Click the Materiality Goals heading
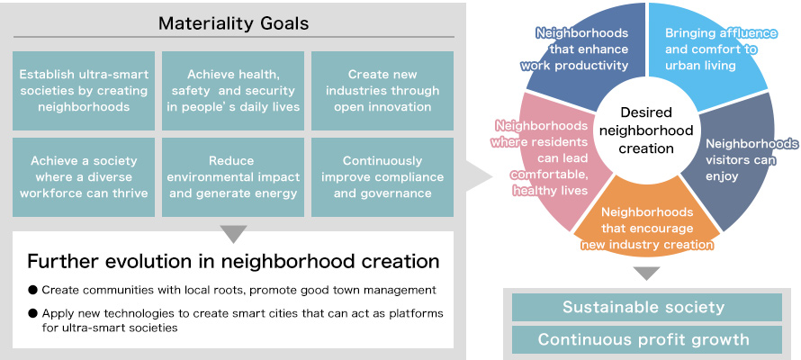[233, 23]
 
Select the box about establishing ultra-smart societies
[84, 90]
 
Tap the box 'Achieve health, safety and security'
[233, 90]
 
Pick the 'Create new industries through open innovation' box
[382, 90]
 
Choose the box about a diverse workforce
[84, 177]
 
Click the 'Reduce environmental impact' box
[233, 177]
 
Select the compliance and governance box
[382, 177]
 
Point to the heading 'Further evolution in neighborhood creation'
[233, 261]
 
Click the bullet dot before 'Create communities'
[33, 290]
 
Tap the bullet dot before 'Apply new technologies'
[33, 313]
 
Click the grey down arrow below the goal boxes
[233, 234]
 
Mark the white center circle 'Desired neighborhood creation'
[646, 130]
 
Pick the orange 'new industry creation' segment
[647, 224]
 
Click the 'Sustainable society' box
[647, 308]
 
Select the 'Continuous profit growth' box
[647, 339]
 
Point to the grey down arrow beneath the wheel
[647, 273]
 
